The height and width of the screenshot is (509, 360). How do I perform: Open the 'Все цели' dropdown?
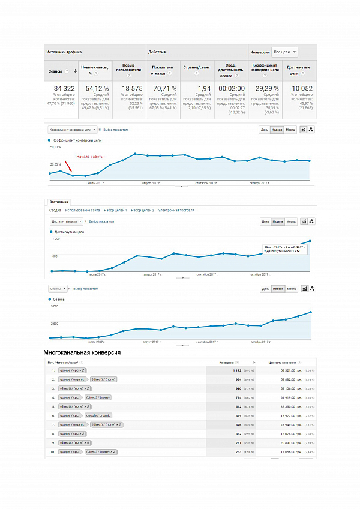pyautogui.click(x=284, y=52)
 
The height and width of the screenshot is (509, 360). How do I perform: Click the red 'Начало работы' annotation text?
pyautogui.click(x=89, y=157)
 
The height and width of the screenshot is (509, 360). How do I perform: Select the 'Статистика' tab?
pyautogui.click(x=59, y=203)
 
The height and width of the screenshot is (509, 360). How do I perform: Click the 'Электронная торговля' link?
pyautogui.click(x=176, y=210)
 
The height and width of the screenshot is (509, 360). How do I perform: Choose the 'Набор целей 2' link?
pyautogui.click(x=142, y=210)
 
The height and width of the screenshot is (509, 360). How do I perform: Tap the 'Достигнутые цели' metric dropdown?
pyautogui.click(x=67, y=221)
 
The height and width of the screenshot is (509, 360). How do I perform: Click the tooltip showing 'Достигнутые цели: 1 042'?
pyautogui.click(x=285, y=248)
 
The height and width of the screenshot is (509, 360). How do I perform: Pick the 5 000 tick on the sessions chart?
pyautogui.click(x=54, y=306)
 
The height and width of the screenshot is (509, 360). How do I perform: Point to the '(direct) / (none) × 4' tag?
pyautogui.click(x=75, y=442)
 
